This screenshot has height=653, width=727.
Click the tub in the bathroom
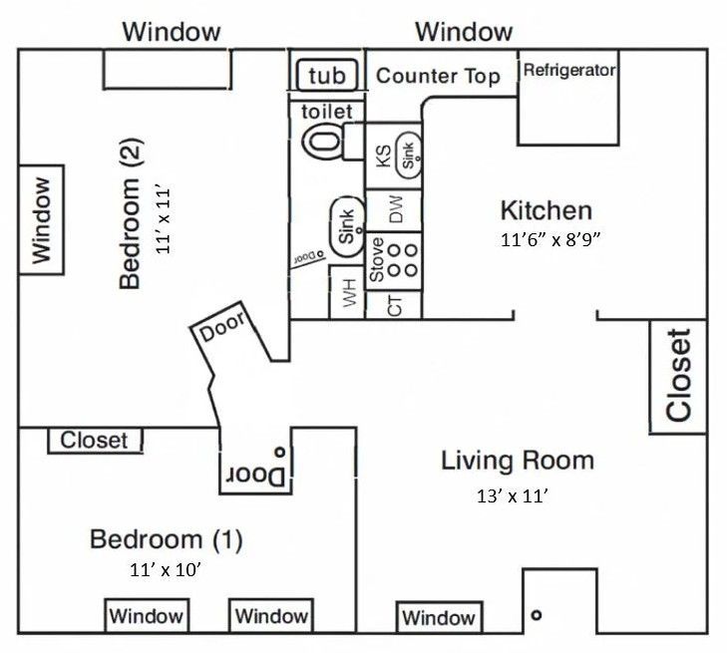coord(326,76)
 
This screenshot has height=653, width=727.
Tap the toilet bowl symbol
coord(322,140)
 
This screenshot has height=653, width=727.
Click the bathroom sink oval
coord(346,226)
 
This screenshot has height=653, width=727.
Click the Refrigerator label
coord(569,71)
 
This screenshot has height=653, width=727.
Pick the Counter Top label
coord(438,77)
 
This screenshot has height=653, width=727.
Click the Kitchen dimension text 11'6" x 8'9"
coord(550,240)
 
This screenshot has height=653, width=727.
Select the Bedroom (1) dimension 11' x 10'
coord(165,571)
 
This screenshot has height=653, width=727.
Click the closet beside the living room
coord(678,376)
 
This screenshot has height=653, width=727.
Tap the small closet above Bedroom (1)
coord(95,440)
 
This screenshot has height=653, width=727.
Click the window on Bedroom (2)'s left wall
coord(41,220)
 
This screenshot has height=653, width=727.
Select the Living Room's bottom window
coord(439,617)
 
